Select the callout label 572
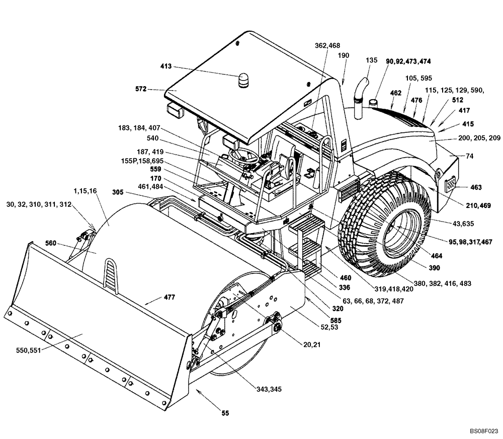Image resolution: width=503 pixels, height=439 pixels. (x=141, y=89)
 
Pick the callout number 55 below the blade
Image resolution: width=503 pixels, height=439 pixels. (x=225, y=413)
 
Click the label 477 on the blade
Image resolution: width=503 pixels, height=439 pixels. (x=169, y=298)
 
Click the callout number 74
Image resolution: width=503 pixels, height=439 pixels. (x=469, y=157)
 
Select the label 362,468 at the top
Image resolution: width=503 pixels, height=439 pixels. (x=327, y=46)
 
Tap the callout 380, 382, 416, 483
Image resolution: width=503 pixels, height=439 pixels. (x=446, y=284)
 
